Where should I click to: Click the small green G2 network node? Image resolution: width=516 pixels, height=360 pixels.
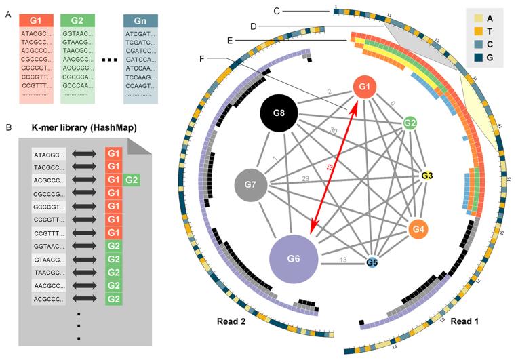tap(410, 123)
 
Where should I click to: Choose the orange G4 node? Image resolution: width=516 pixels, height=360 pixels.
tap(419, 229)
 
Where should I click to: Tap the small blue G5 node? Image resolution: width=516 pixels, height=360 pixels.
tap(372, 262)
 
